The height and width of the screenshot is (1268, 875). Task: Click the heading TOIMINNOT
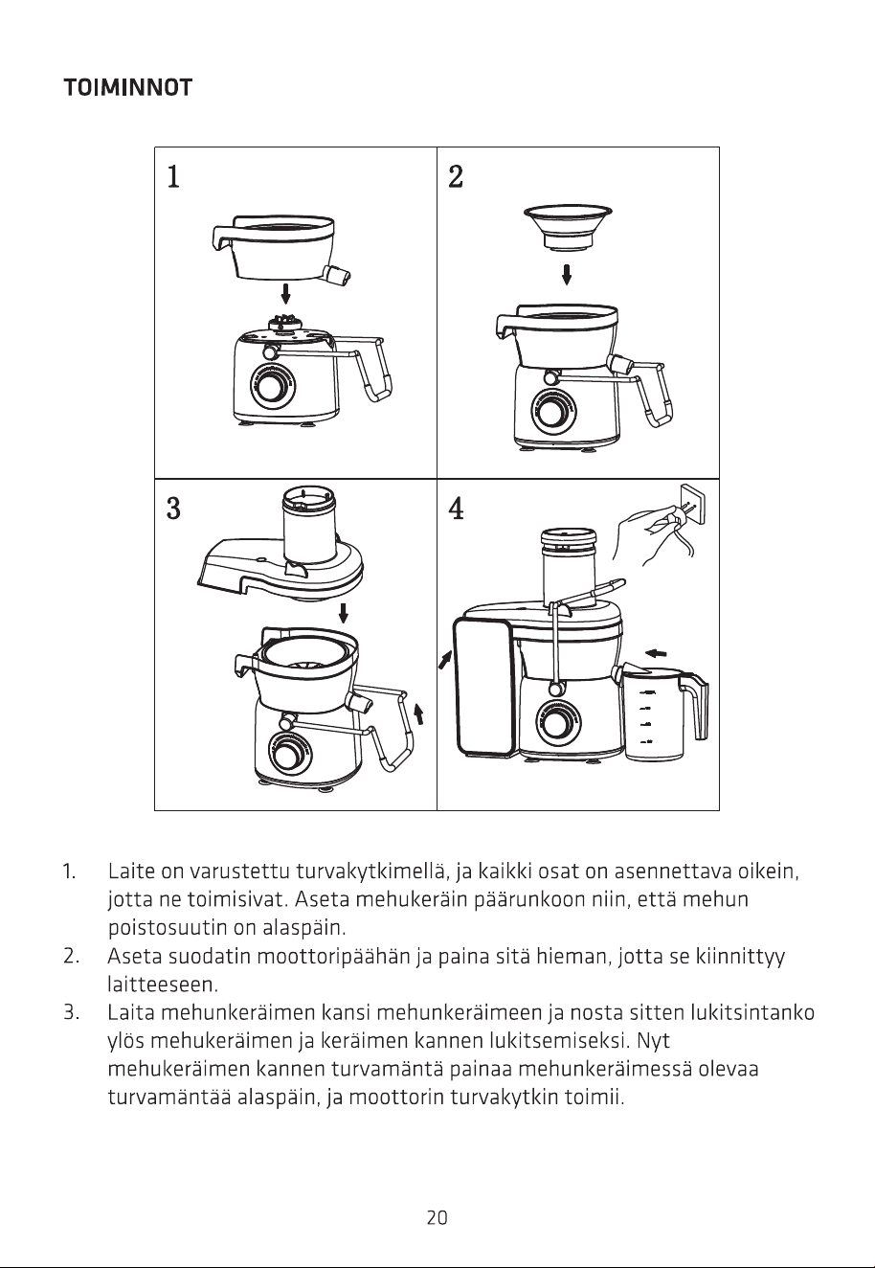click(x=128, y=88)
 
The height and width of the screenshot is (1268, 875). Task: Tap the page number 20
click(x=437, y=1217)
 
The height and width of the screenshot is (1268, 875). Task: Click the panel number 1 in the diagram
click(x=173, y=176)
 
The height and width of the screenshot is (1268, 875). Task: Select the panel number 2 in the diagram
click(x=456, y=176)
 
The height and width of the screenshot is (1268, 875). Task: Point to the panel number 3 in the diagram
click(x=173, y=508)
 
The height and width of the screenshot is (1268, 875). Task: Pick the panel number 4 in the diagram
click(x=457, y=508)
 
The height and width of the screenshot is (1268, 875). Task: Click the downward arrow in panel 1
click(x=286, y=294)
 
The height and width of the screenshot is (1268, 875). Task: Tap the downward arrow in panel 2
click(x=567, y=275)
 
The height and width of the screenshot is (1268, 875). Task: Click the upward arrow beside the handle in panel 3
click(x=418, y=713)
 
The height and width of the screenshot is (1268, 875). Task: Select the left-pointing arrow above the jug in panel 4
click(x=656, y=653)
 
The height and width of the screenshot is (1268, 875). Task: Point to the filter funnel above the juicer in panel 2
click(x=568, y=227)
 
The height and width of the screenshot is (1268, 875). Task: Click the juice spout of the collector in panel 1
click(x=337, y=276)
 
